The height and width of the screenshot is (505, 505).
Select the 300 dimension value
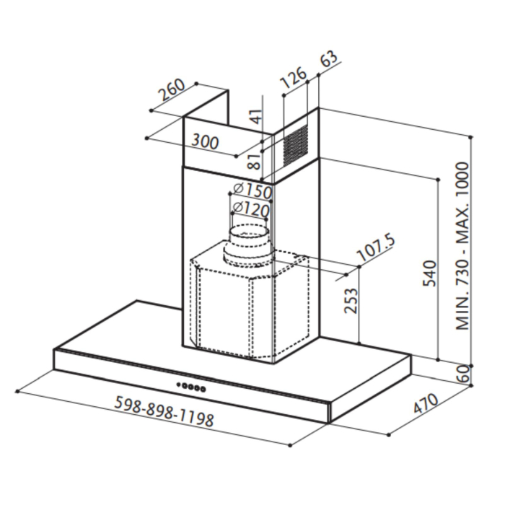pyautogui.click(x=205, y=141)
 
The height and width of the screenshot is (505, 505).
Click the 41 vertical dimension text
pyautogui.click(x=253, y=115)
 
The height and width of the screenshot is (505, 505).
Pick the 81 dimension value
pyautogui.click(x=253, y=160)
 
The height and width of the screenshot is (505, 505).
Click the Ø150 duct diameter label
pyautogui.click(x=250, y=192)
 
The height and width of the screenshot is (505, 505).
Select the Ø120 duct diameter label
pyautogui.click(x=250, y=210)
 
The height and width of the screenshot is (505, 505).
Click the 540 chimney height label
pyautogui.click(x=429, y=274)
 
